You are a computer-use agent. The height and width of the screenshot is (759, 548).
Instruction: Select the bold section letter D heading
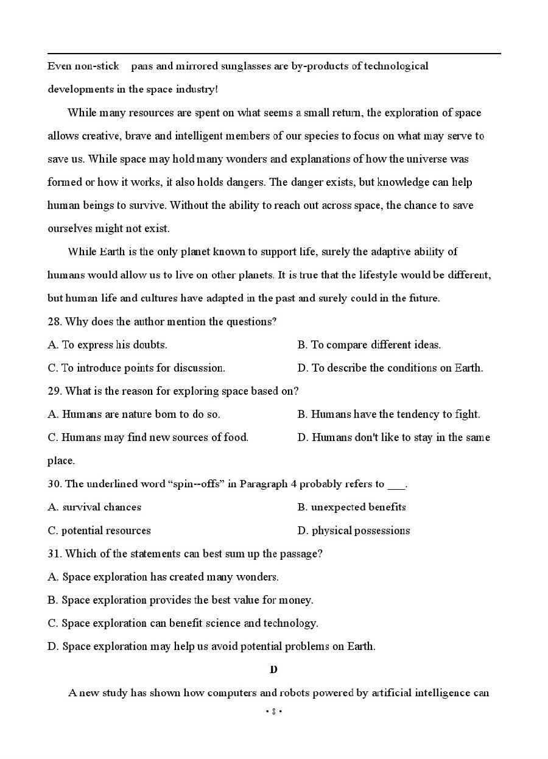coord(273,669)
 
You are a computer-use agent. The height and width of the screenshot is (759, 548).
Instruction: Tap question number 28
coord(55,322)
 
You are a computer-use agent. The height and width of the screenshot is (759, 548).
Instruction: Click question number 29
coord(55,391)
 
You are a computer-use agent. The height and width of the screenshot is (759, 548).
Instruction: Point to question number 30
coord(55,484)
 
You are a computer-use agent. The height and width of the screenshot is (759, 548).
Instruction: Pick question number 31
coord(55,554)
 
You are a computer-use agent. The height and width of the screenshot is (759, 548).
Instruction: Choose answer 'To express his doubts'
coord(114,345)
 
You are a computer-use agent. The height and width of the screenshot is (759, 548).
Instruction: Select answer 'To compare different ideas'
coord(376,345)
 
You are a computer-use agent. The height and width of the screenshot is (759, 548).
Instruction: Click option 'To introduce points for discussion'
coord(143,368)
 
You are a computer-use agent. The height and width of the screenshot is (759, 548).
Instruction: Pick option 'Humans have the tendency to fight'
coord(395,414)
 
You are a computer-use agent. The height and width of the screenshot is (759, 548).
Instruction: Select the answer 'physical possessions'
coord(360,531)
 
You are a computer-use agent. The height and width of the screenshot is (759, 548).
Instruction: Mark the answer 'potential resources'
coord(106,531)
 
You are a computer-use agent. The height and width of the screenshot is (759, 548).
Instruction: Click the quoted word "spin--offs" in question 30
coord(197,484)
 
